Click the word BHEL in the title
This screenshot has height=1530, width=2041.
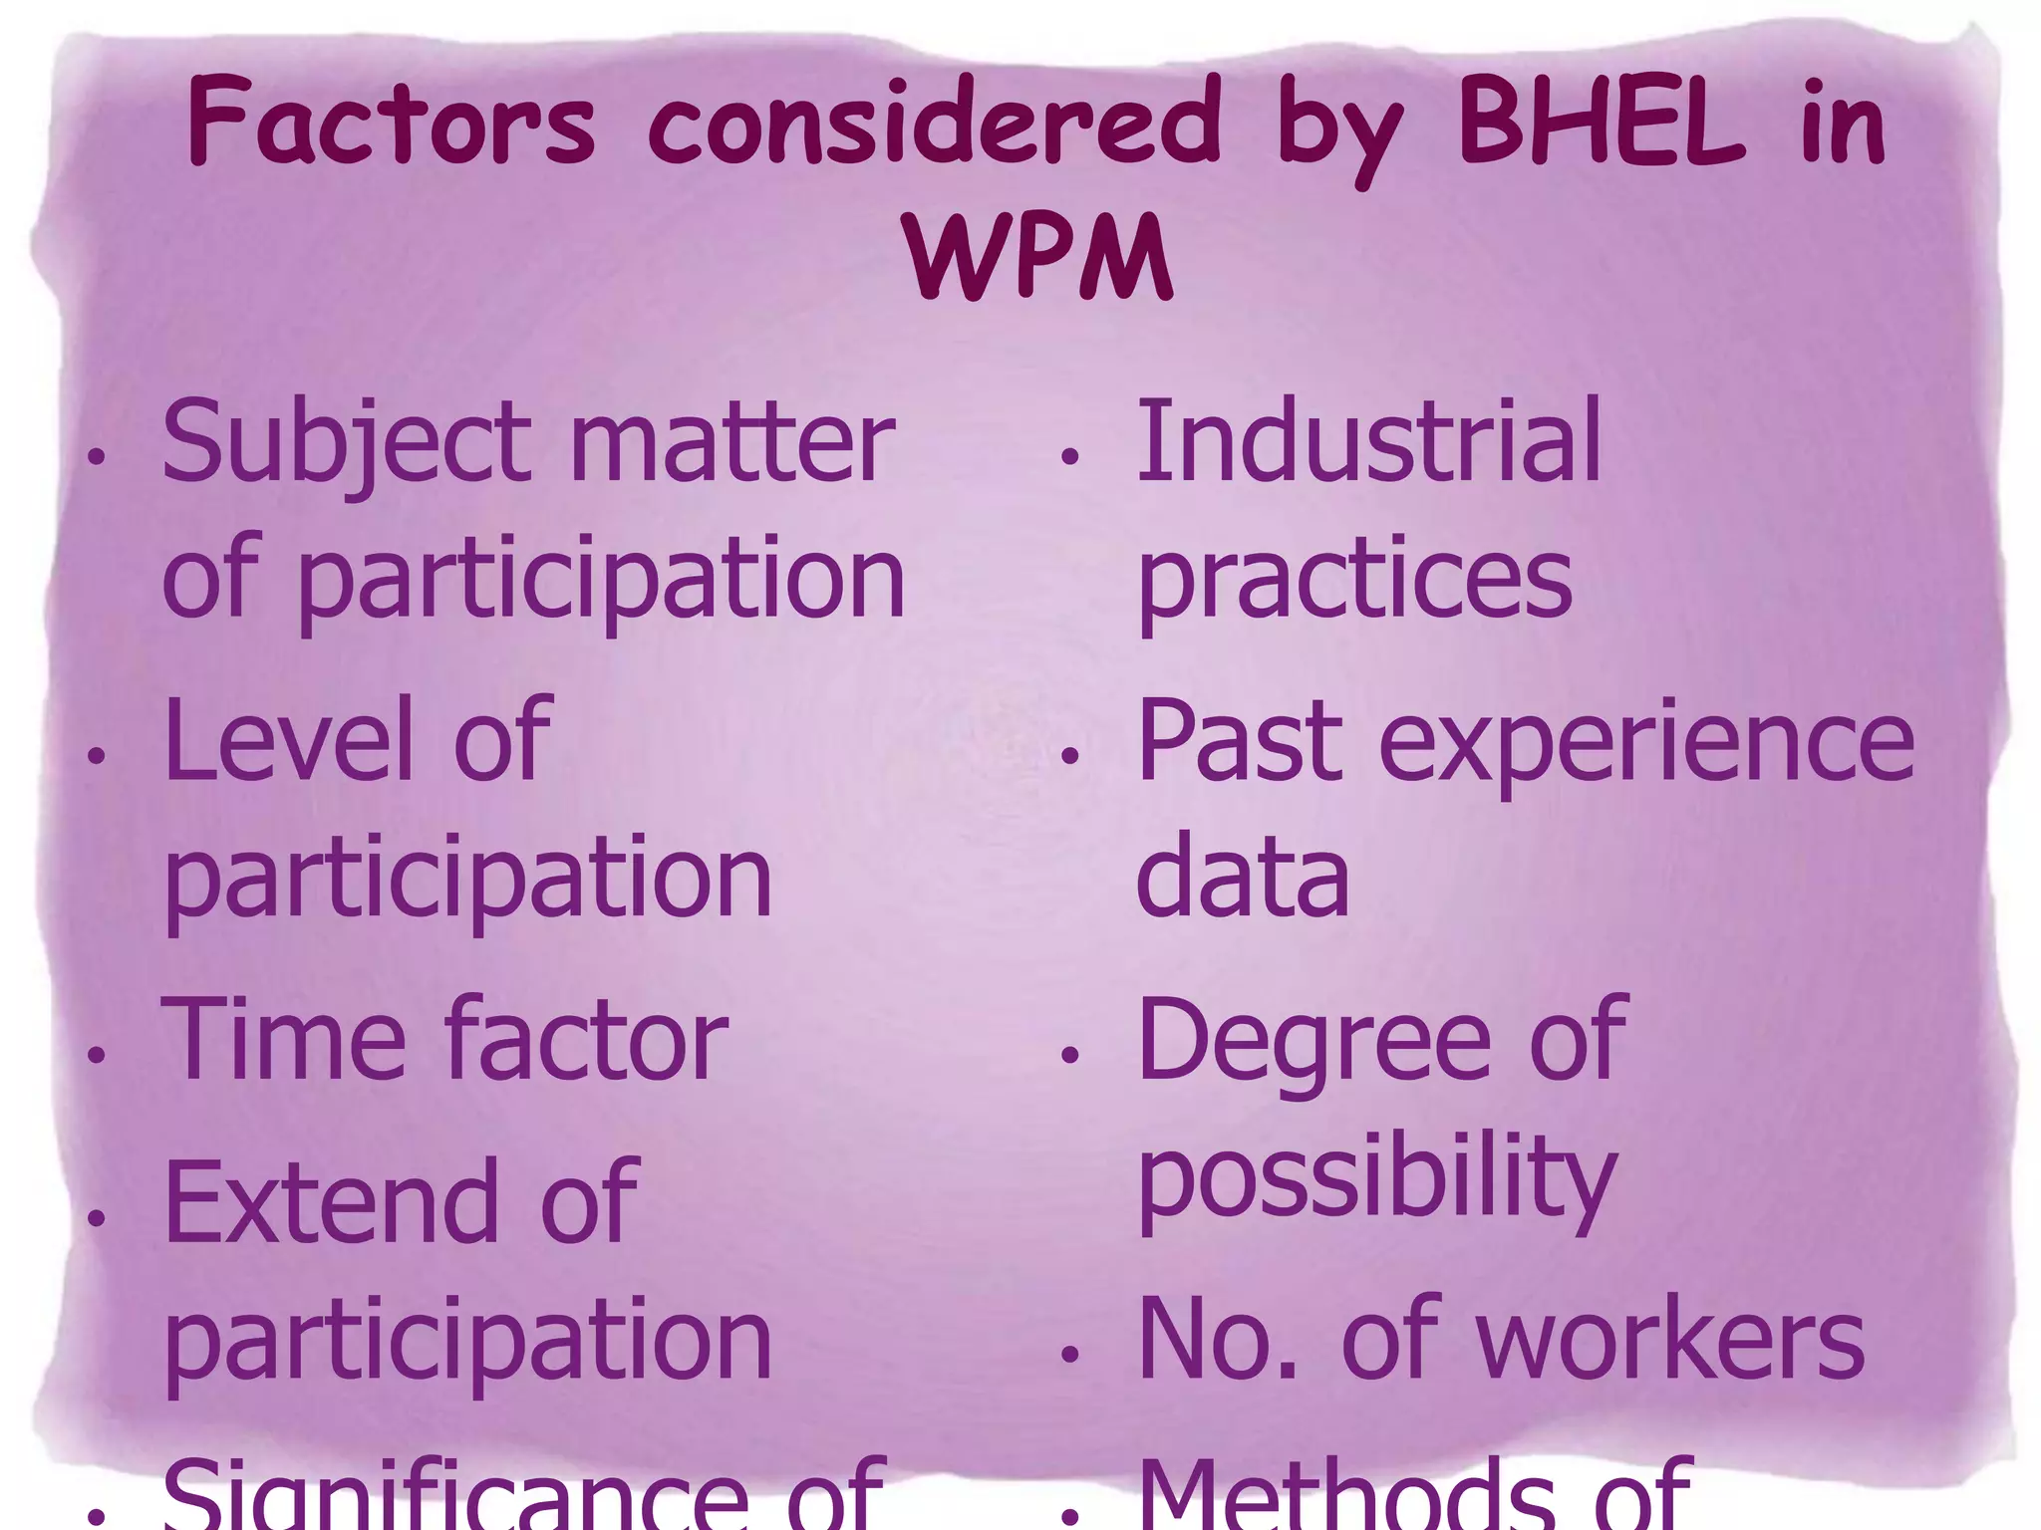point(1602,124)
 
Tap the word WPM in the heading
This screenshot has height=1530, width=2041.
point(1039,257)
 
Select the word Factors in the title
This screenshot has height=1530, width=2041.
point(392,124)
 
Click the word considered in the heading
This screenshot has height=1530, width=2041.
point(934,124)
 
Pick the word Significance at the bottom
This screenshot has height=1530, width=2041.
point(454,1494)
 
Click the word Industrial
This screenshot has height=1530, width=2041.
point(1368,440)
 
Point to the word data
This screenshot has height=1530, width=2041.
point(1243,877)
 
